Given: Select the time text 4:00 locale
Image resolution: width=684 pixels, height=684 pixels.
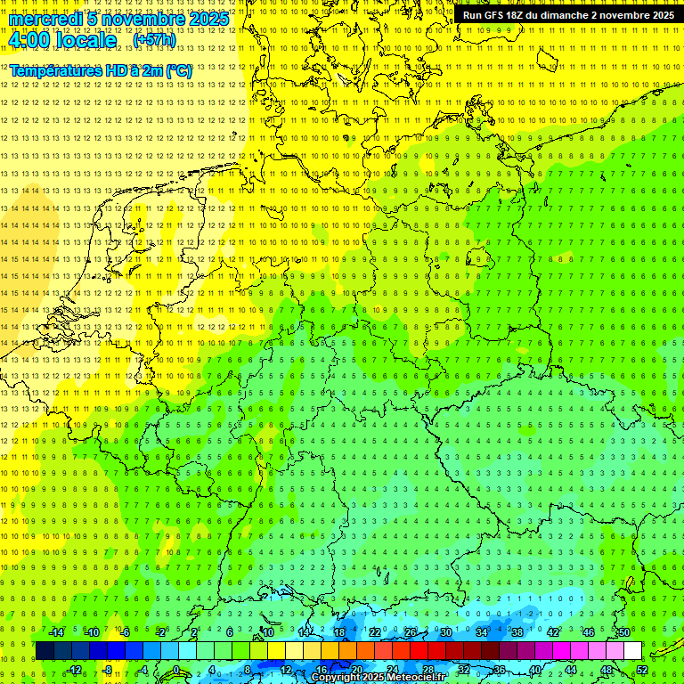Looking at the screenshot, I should coord(62,40).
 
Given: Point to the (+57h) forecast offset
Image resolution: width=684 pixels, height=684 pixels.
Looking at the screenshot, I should coord(154,40).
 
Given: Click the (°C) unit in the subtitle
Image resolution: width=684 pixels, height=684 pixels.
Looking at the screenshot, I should coord(177,69).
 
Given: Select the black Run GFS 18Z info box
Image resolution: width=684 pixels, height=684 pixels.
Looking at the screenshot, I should coord(568,15).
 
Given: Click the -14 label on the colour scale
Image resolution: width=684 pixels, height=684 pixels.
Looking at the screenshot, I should coord(57,632).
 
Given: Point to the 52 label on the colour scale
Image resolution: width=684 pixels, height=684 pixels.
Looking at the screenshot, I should coord(642,670).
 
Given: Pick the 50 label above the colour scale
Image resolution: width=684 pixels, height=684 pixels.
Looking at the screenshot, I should coord(624,632).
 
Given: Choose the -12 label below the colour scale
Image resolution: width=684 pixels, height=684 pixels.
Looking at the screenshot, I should coord(74,670).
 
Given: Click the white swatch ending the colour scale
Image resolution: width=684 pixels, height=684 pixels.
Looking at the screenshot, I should coord(632,651).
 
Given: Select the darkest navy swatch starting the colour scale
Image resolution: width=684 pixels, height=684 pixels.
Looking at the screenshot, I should coord(45,651).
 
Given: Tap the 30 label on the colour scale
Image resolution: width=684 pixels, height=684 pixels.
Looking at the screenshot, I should coord(445,632).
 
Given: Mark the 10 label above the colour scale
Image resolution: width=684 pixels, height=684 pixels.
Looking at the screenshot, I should coord(267,632).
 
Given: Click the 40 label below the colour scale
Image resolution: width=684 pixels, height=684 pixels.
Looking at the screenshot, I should coord(535,670).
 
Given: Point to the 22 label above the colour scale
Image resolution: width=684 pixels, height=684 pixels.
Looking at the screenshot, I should coord(375,632).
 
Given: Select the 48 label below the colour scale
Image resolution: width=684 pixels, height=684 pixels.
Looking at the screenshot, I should coord(607,670).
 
